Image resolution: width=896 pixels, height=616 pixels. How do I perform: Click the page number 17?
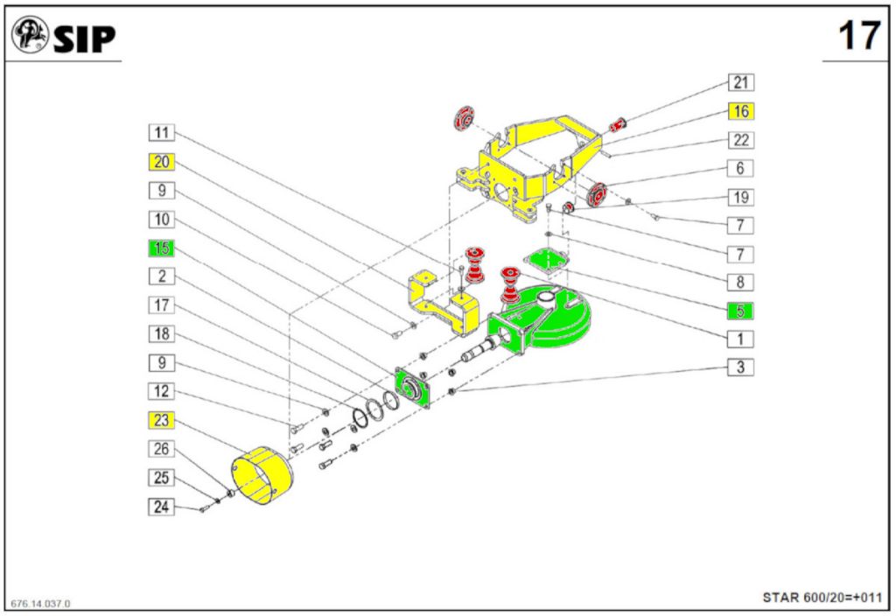[x=858, y=37]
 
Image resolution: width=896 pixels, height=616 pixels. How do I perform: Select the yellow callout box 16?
[x=740, y=111]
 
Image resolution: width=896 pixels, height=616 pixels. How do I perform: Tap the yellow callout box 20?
[x=162, y=162]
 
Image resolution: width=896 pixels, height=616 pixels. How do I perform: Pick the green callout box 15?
[x=162, y=248]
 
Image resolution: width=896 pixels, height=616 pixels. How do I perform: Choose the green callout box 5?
[x=740, y=310]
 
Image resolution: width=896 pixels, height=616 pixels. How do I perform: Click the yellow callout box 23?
[x=162, y=420]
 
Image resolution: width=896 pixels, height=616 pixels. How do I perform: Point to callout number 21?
[x=740, y=83]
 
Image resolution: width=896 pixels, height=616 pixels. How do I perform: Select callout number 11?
[x=162, y=133]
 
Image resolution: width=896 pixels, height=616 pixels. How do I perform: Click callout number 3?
[x=740, y=367]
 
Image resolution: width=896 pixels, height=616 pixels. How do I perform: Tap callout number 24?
[x=162, y=506]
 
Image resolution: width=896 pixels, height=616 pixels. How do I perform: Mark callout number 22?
[x=740, y=140]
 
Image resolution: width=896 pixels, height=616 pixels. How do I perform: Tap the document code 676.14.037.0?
[x=41, y=604]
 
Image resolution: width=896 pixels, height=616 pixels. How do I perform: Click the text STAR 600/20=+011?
[x=822, y=598]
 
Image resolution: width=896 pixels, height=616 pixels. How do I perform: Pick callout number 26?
[x=162, y=449]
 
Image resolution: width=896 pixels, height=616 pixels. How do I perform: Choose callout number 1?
[x=740, y=338]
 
